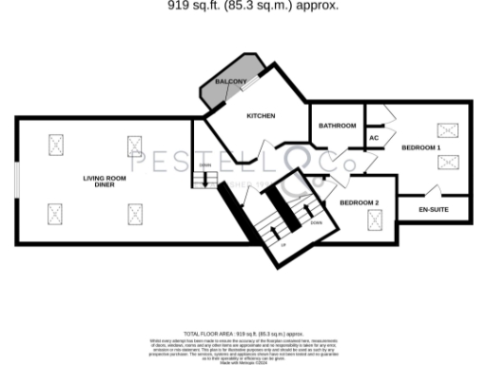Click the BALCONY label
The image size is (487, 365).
coord(230,83)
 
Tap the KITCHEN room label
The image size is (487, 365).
coord(261,116)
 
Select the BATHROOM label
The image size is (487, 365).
coord(337,125)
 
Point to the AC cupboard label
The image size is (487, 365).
coord(374,138)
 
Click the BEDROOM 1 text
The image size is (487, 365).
coord(420,148)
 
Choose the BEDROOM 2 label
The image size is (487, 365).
coord(360,202)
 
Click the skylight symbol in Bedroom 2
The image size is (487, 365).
coord(374,221)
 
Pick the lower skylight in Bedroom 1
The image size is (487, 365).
coord(445,163)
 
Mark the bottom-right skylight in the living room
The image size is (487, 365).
coord(134,213)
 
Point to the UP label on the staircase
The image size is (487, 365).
coord(282,244)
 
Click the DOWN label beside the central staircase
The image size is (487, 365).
coord(315,222)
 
